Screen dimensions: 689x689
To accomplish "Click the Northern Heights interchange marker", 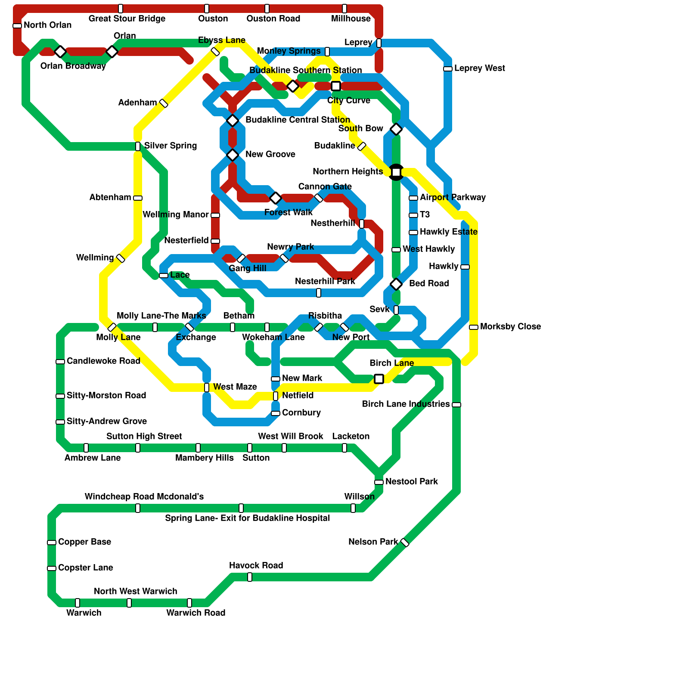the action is [396, 172].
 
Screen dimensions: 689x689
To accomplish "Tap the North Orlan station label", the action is [47, 25].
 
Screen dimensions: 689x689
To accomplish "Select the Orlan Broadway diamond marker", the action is [60, 52].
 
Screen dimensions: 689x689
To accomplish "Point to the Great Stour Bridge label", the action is [127, 19].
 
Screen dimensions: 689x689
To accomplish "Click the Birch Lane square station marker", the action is [379, 379].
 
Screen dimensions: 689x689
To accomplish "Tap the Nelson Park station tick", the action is [405, 543].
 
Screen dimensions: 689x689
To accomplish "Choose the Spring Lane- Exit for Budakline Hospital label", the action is [248, 518].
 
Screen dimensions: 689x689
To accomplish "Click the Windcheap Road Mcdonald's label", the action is [144, 497].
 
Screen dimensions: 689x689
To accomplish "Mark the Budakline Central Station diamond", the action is [233, 120].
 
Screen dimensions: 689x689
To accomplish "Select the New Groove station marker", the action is [233, 155].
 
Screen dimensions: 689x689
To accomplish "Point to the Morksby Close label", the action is [510, 326].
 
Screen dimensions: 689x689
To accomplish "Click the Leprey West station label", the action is [479, 68].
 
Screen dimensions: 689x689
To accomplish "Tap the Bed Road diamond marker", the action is [396, 284].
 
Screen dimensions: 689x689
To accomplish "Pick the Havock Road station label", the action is [256, 565].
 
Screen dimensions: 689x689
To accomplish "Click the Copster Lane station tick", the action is [52, 568].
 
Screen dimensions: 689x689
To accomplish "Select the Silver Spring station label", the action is [171, 146].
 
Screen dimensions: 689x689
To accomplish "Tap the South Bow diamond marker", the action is [396, 129].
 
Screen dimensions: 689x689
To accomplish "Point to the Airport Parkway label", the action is [453, 197].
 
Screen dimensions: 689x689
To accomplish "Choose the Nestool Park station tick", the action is [379, 482].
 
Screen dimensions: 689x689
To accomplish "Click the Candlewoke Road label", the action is [103, 361].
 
